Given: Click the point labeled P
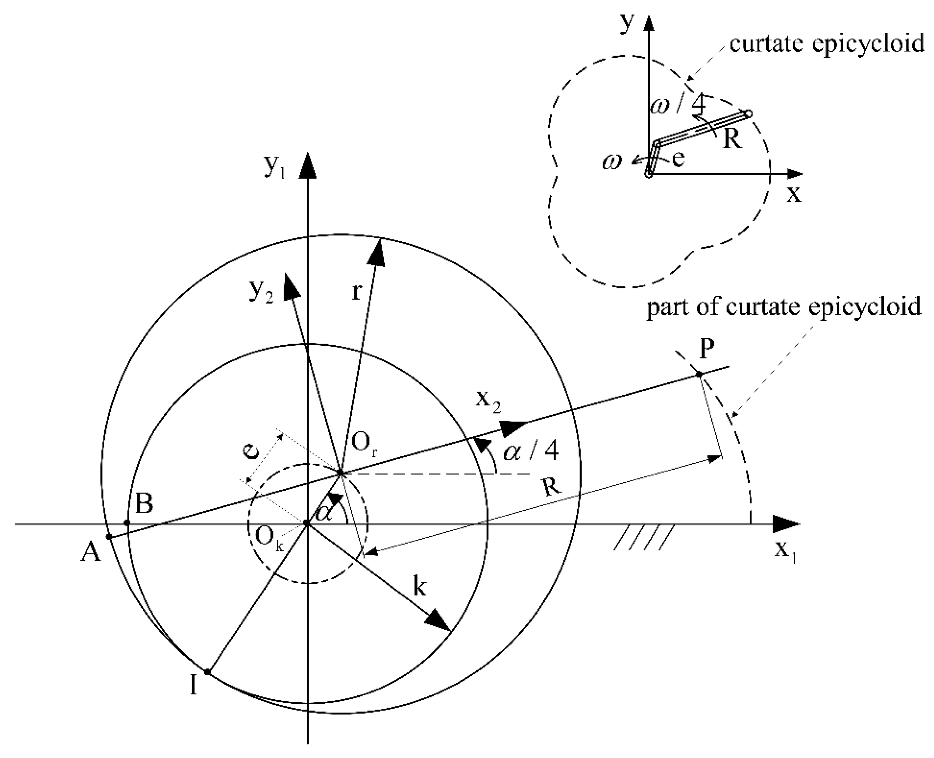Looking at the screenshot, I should [x=699, y=374].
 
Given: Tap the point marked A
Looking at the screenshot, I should [x=109, y=537].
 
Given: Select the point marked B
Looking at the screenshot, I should [x=127, y=523].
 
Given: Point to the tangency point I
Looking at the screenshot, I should [x=208, y=672].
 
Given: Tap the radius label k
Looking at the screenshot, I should [x=419, y=587].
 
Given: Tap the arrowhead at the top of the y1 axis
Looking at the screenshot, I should [x=308, y=166].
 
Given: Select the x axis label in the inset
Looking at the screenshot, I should [x=794, y=193].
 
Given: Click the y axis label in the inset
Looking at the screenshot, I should [x=627, y=24].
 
